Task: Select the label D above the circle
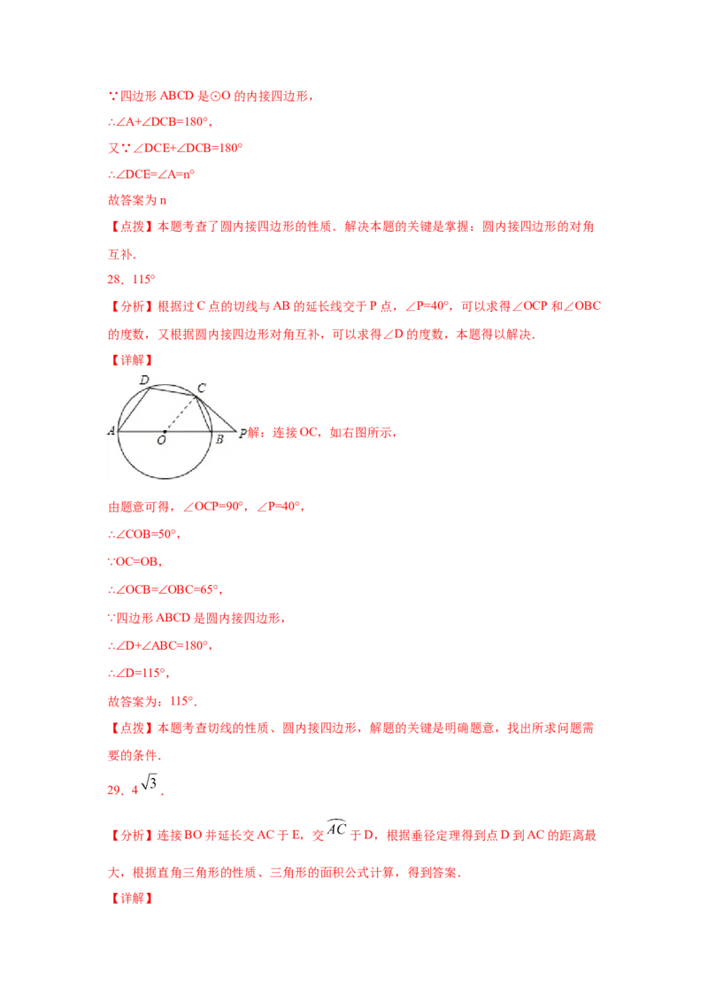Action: point(144,379)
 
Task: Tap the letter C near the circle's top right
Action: point(202,387)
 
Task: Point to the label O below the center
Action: point(160,440)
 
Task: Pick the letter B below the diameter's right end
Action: point(219,439)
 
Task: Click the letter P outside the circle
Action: point(242,434)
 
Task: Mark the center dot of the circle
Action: point(165,431)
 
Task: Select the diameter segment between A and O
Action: point(142,431)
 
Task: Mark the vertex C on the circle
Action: point(198,396)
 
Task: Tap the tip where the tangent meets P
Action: point(236,431)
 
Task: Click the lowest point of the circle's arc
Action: point(165,478)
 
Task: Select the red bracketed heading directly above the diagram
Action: point(130,360)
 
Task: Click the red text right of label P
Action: point(324,433)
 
